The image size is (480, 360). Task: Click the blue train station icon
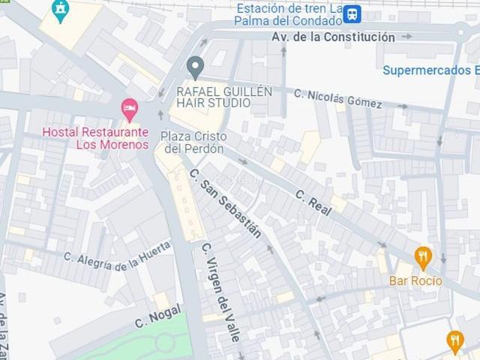pos(352,13)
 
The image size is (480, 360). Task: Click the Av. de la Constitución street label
pos(334,37)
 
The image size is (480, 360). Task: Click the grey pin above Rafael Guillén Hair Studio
pos(195,67)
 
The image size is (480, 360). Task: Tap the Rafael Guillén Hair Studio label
pos(224,97)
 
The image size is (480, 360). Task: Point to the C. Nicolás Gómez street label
pos(337,98)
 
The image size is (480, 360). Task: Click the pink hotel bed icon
pos(130,109)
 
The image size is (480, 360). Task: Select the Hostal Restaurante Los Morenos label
pos(95,138)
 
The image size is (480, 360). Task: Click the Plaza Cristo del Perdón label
pos(193,142)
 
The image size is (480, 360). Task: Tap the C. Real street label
pos(313,202)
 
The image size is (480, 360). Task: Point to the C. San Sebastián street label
pos(226,202)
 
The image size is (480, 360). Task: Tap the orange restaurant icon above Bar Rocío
pos(423,257)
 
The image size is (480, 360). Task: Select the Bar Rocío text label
pos(415,281)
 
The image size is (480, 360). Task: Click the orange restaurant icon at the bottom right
pos(455,341)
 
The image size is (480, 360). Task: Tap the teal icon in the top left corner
pos(60,9)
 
